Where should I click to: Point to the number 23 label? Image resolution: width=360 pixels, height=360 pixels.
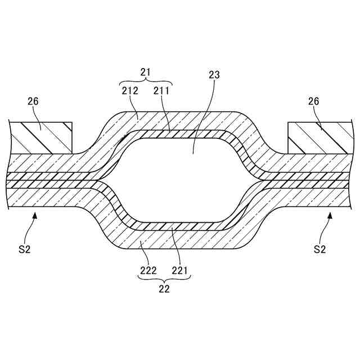click(214, 74)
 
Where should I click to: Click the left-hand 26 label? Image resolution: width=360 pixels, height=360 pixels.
click(33, 101)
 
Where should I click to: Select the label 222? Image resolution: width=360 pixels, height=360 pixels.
click(148, 271)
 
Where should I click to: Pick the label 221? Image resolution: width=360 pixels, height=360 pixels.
click(180, 271)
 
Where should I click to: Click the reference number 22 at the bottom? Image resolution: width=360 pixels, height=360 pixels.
click(164, 289)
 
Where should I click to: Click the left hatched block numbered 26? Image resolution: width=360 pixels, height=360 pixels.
click(42, 136)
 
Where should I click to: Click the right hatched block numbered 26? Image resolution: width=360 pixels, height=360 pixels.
click(318, 136)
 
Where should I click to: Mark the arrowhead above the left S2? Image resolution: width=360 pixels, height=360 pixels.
click(35, 214)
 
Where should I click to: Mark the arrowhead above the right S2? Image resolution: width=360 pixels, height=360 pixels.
click(330, 214)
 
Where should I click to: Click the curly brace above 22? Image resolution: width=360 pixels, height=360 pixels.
click(164, 280)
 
